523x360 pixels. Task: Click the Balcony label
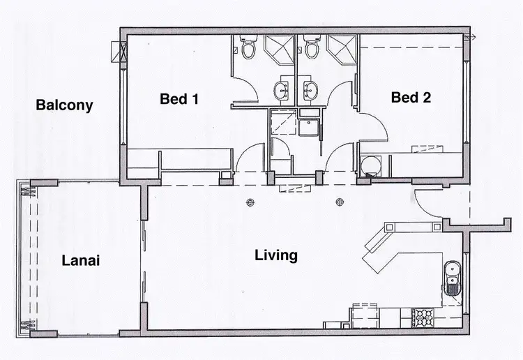pyautogui.click(x=64, y=105)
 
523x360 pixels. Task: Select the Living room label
pyautogui.click(x=276, y=255)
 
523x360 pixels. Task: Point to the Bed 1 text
pyautogui.click(x=179, y=99)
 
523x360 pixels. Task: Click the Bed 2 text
pyautogui.click(x=411, y=98)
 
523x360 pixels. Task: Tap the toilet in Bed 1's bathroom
pyautogui.click(x=248, y=47)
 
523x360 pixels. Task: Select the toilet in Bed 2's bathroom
pyautogui.click(x=311, y=47)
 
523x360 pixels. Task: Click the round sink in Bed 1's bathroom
pyautogui.click(x=282, y=89)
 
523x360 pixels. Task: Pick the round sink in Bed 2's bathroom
pyautogui.click(x=311, y=89)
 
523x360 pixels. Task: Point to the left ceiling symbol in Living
pyautogui.click(x=250, y=203)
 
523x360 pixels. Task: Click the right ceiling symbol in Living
pyautogui.click(x=340, y=203)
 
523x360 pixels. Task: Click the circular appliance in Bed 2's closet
pyautogui.click(x=372, y=165)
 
